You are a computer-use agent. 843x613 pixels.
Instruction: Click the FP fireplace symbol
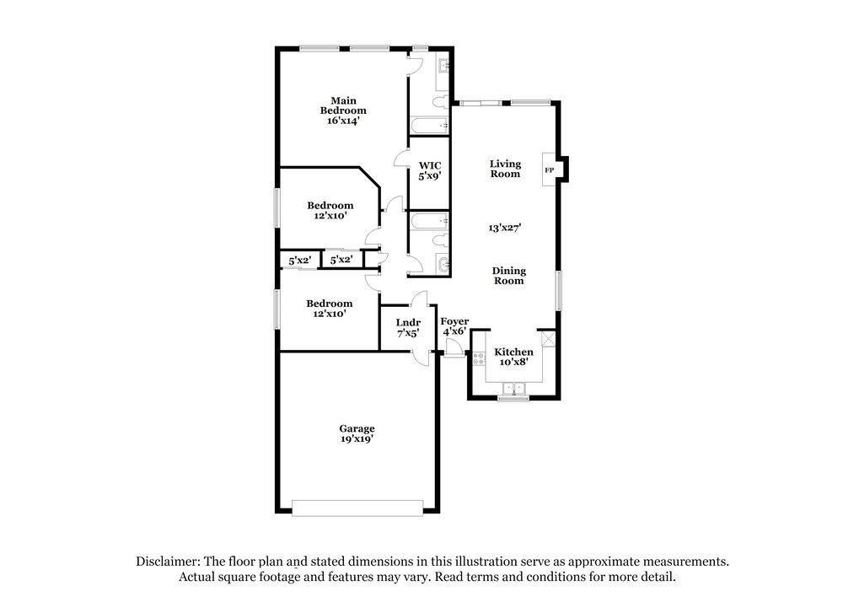(550, 170)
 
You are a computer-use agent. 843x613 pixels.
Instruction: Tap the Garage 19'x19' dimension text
(357, 438)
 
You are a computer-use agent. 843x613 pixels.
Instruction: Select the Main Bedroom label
(343, 105)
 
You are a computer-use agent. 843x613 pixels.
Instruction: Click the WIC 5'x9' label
(430, 170)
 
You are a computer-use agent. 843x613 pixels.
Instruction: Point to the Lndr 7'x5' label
(408, 327)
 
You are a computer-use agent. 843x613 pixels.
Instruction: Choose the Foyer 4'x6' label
(454, 326)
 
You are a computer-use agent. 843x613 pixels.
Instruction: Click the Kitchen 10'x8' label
(514, 357)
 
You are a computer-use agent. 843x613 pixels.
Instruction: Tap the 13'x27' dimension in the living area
(505, 228)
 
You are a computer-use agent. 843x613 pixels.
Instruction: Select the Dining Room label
(508, 276)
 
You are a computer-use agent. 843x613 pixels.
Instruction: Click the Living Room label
(505, 169)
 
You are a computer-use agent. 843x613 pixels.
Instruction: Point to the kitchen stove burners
(479, 358)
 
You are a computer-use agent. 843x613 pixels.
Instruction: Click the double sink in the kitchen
(514, 389)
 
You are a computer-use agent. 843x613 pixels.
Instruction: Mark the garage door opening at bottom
(357, 508)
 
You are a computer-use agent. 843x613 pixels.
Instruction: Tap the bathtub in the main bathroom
(430, 126)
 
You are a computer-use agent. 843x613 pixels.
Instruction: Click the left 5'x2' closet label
(299, 261)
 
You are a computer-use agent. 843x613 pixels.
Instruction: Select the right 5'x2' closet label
(341, 259)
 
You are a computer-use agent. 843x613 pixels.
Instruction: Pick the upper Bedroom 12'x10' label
(330, 210)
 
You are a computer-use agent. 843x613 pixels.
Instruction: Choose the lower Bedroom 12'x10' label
(329, 308)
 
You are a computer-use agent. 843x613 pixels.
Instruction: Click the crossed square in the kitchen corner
(548, 339)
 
